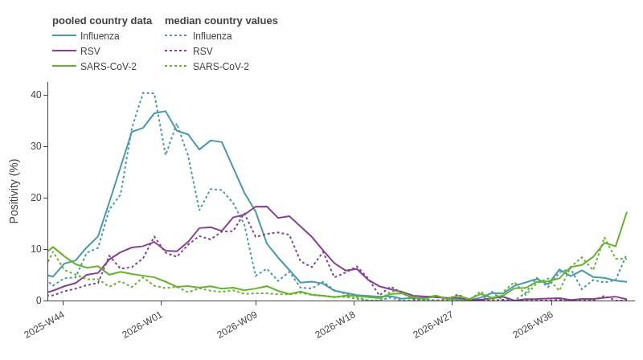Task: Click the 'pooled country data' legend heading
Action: (x=102, y=21)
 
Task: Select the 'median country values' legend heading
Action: (x=222, y=21)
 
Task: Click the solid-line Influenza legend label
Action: (x=100, y=36)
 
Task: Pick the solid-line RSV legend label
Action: (x=90, y=51)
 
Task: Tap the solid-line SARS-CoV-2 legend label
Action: (x=109, y=67)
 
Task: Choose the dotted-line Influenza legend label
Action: (x=212, y=36)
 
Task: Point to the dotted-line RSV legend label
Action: (x=203, y=51)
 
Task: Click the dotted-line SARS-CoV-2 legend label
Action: (x=220, y=67)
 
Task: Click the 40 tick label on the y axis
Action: (x=36, y=95)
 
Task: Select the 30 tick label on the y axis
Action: (x=36, y=146)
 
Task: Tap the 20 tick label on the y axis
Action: (x=36, y=198)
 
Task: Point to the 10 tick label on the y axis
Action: (x=36, y=249)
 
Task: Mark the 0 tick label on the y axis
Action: (x=39, y=301)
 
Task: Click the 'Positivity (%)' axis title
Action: (x=14, y=191)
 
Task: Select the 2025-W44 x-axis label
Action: (x=43, y=325)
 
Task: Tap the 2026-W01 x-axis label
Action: (x=141, y=325)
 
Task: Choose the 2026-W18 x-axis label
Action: (x=334, y=325)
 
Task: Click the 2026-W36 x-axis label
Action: (x=532, y=325)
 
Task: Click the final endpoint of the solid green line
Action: (x=627, y=212)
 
